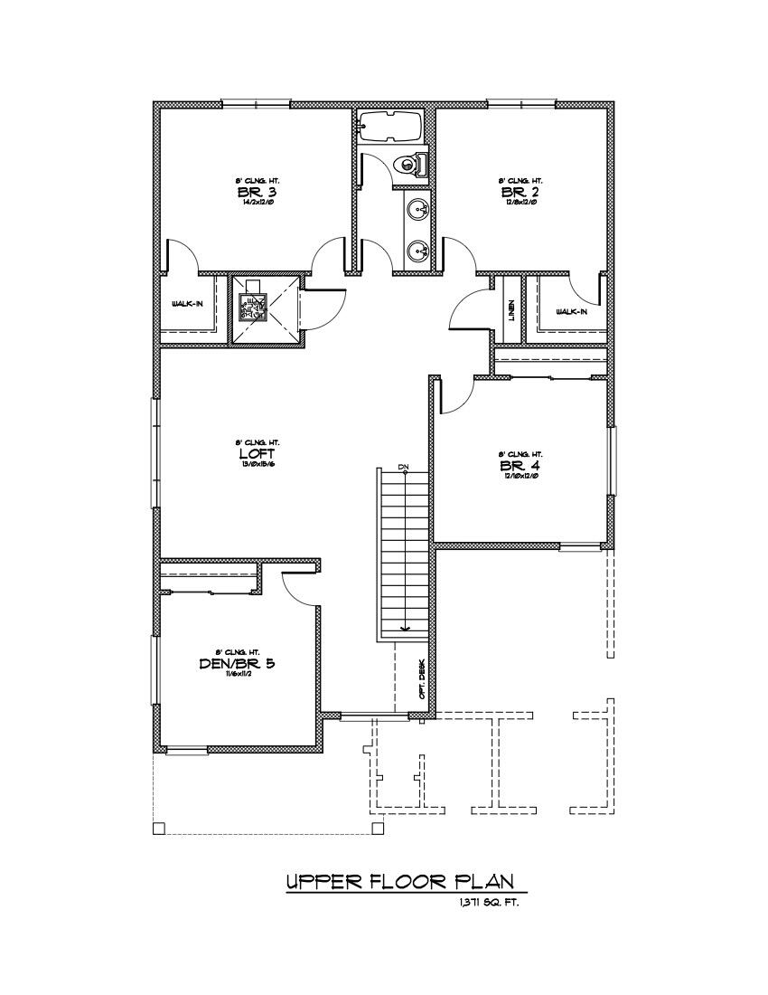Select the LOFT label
(x=250, y=453)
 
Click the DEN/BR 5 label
(x=237, y=663)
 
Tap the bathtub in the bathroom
(x=390, y=126)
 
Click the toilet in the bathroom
(x=416, y=166)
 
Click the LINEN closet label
(x=511, y=310)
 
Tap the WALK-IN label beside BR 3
(x=187, y=304)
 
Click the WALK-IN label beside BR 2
(x=571, y=311)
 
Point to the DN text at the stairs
(x=404, y=467)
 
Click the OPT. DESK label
(x=421, y=678)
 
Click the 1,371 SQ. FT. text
(x=488, y=903)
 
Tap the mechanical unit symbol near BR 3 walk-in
(x=251, y=308)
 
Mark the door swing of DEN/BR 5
(x=300, y=589)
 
